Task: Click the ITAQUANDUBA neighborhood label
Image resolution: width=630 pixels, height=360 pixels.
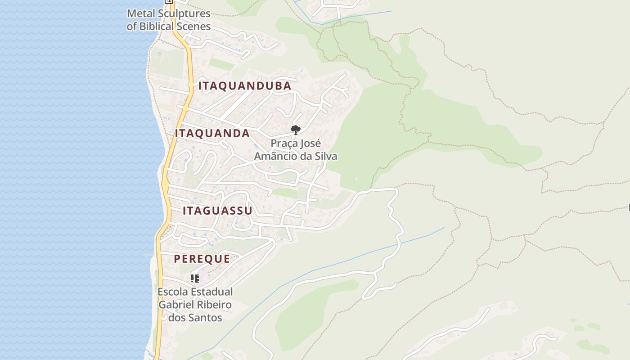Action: (x=245, y=85)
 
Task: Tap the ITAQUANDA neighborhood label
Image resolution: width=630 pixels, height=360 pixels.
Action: (x=212, y=133)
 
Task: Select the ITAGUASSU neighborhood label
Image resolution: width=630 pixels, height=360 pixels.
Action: (x=217, y=211)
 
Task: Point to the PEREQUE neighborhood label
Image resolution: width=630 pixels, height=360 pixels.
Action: (x=202, y=259)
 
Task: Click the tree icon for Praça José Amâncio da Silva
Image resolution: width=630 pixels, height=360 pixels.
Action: (x=295, y=130)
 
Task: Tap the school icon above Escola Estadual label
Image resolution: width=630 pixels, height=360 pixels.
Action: (x=194, y=279)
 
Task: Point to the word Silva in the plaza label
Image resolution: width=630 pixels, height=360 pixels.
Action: (x=326, y=156)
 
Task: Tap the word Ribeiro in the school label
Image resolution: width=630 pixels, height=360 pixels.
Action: (x=215, y=305)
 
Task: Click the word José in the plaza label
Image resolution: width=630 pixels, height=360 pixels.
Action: (x=310, y=144)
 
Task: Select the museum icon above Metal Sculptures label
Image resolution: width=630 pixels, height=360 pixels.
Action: (x=169, y=1)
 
